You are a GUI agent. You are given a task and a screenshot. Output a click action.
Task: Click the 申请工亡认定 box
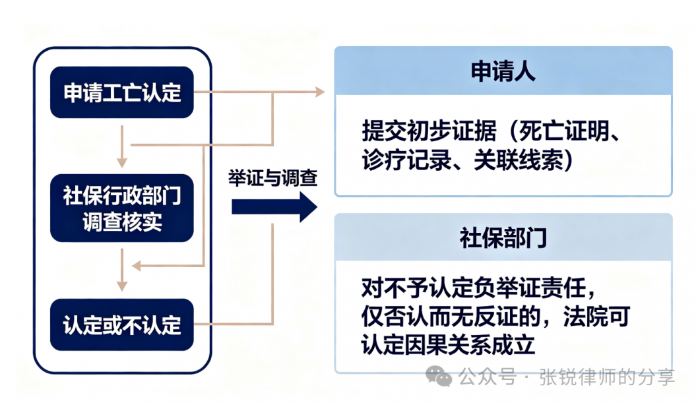(x=121, y=92)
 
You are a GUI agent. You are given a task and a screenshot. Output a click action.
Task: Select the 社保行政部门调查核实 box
(x=121, y=208)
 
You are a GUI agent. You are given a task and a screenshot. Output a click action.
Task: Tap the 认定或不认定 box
(x=121, y=325)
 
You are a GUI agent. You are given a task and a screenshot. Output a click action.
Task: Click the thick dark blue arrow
(x=274, y=207)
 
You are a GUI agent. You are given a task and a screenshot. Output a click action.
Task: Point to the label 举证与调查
(x=273, y=179)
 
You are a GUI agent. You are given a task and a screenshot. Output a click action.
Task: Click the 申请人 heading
(x=503, y=71)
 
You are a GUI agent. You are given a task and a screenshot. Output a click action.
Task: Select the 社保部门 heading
(x=503, y=238)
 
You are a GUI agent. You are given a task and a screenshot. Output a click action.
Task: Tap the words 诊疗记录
(x=406, y=160)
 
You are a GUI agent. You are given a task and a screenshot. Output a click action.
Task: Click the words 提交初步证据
(x=429, y=131)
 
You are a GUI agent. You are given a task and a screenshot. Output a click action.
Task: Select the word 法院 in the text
(x=585, y=317)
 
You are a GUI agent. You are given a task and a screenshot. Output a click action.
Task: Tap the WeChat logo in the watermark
(x=439, y=377)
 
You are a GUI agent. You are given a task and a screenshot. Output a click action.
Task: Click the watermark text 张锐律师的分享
(x=607, y=377)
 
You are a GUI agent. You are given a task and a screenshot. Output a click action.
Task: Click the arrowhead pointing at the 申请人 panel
(x=320, y=92)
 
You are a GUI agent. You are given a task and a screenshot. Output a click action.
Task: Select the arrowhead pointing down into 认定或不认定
(x=122, y=286)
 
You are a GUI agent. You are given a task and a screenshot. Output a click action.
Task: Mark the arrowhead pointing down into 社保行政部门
(x=122, y=162)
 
